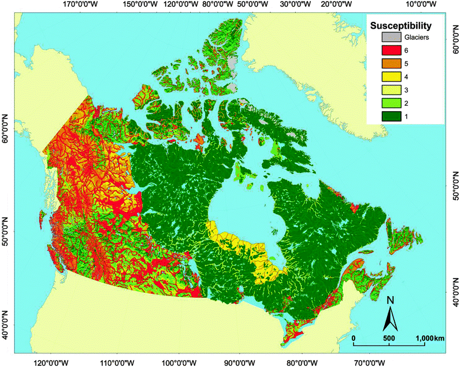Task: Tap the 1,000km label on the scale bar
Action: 430,338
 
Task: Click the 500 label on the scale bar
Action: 389,338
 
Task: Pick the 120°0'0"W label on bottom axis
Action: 50,362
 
